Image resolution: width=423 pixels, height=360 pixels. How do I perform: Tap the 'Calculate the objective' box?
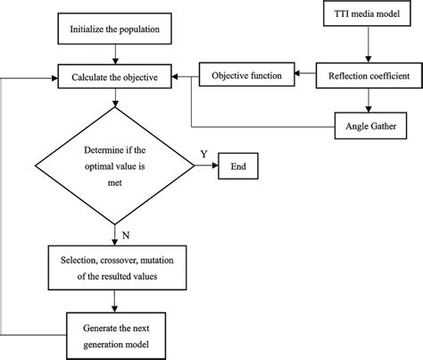(x=114, y=77)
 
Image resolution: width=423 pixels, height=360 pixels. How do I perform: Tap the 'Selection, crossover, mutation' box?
(x=114, y=266)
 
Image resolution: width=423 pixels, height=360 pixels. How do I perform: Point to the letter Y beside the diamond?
(x=203, y=154)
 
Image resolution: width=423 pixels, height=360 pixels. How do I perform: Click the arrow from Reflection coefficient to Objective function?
(x=305, y=77)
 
